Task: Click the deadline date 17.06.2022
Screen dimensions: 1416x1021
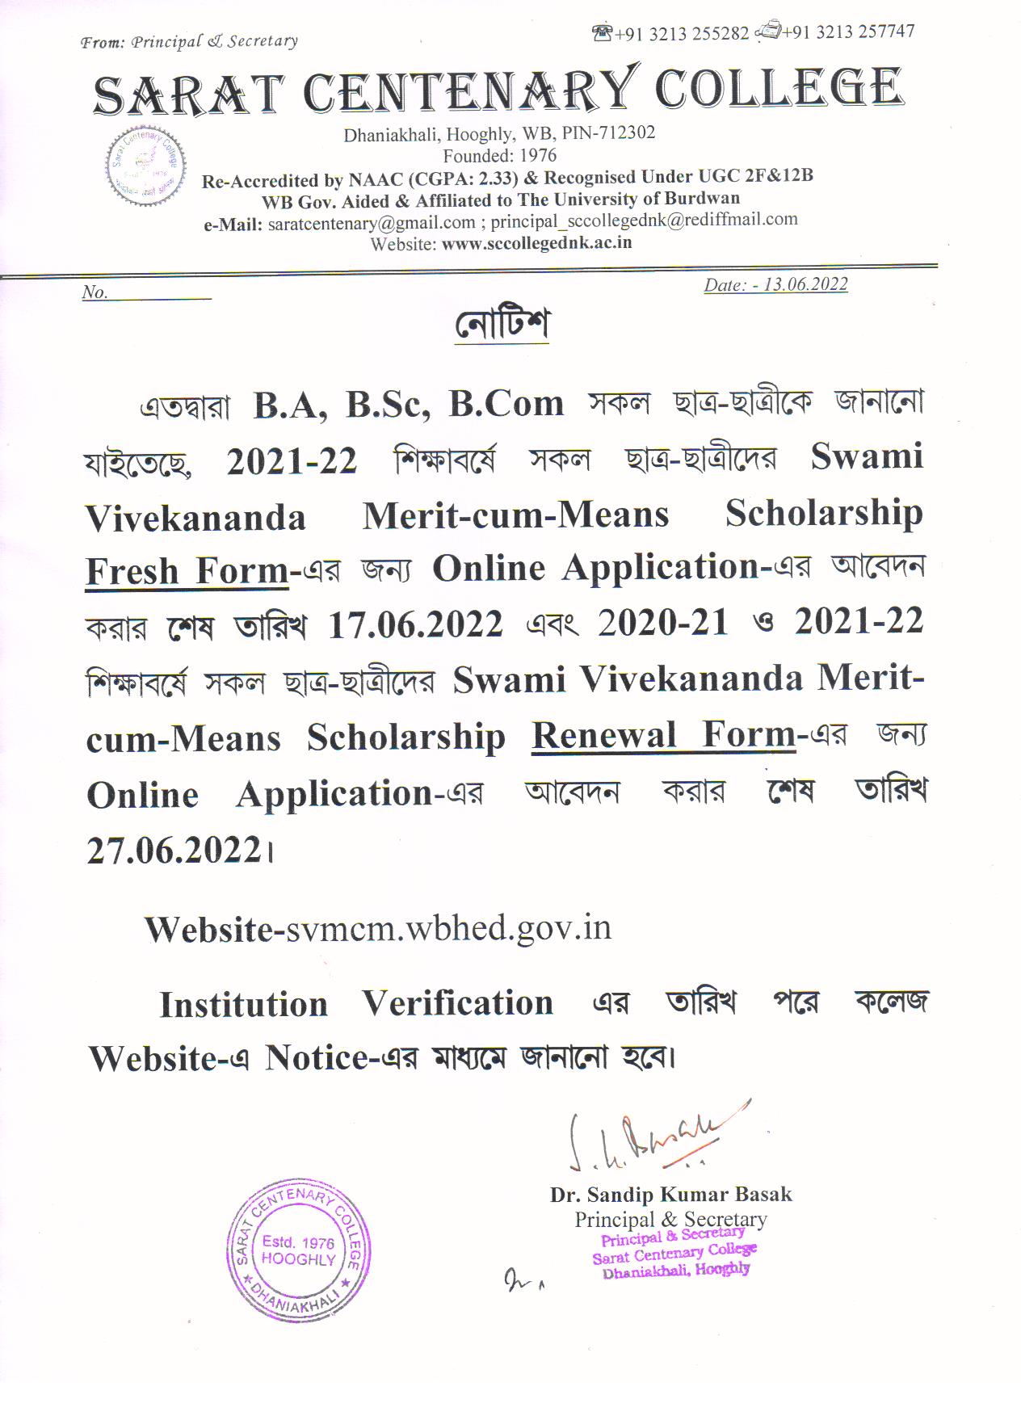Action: click(x=415, y=624)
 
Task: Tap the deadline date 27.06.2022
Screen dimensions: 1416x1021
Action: click(x=174, y=851)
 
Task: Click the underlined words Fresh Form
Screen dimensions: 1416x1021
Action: click(x=187, y=571)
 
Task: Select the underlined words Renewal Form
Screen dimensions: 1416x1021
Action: click(x=663, y=735)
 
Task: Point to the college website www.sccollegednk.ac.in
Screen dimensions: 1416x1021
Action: click(x=536, y=242)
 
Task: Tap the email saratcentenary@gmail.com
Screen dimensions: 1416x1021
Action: click(x=371, y=223)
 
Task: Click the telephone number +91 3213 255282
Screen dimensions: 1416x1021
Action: click(x=681, y=34)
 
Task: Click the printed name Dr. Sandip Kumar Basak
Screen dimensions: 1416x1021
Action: click(x=670, y=1194)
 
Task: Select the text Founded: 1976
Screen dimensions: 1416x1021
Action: click(x=499, y=154)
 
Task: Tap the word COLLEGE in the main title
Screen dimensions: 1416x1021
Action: click(x=778, y=89)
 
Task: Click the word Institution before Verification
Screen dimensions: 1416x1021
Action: click(x=243, y=1005)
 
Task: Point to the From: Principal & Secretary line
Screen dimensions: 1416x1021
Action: click(x=189, y=41)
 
